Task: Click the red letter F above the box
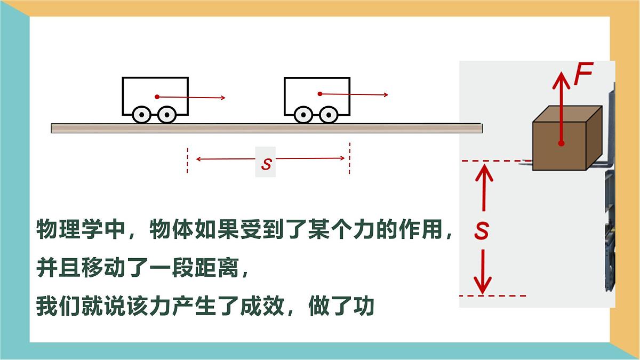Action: click(583, 74)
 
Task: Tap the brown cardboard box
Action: click(567, 138)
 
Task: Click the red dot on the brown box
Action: click(562, 143)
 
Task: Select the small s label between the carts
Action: click(266, 164)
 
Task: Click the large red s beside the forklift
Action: click(482, 230)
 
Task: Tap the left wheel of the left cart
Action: click(142, 115)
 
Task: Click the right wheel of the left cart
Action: click(167, 115)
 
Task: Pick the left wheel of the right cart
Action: click(303, 115)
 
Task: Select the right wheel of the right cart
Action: click(329, 115)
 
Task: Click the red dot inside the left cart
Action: click(157, 97)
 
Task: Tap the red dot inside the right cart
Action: click(320, 94)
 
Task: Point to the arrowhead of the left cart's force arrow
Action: click(223, 98)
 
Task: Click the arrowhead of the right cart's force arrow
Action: click(386, 94)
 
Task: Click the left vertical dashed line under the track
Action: click(187, 161)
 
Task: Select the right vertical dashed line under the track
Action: click(349, 158)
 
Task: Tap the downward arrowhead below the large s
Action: click(483, 286)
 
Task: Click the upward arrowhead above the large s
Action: click(484, 173)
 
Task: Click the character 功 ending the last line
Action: click(364, 306)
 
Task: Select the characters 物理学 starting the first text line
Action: click(69, 229)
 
